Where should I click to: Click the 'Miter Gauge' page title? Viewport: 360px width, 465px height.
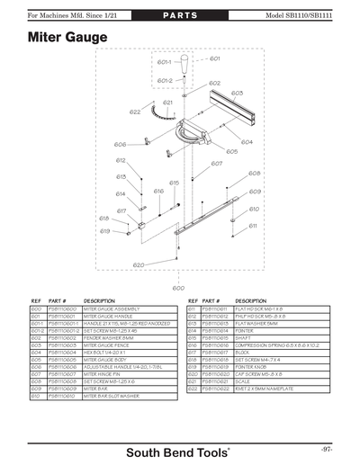click(67, 38)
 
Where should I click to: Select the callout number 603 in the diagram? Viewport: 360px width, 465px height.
click(237, 93)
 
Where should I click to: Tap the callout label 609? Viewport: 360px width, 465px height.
click(256, 192)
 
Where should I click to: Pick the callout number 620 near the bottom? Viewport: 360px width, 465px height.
click(138, 265)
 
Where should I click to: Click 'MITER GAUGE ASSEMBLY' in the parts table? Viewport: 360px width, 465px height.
click(114, 309)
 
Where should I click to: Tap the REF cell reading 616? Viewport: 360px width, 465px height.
click(191, 353)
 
